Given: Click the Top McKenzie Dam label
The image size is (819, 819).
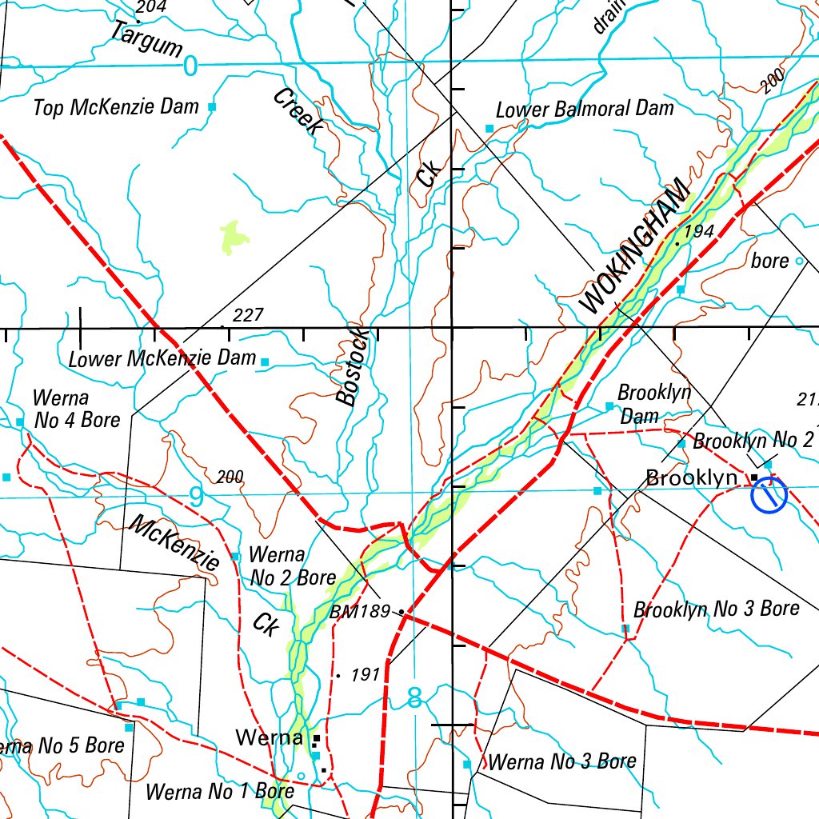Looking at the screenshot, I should pyautogui.click(x=116, y=106).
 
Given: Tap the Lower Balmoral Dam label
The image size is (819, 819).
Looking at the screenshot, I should pyautogui.click(x=585, y=109).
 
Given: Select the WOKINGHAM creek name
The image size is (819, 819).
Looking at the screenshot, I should pyautogui.click(x=634, y=246).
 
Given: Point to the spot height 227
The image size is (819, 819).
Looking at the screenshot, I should pyautogui.click(x=247, y=315).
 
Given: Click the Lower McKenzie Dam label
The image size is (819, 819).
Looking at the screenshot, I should pyautogui.click(x=162, y=358).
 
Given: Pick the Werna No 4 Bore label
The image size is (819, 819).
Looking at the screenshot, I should pyautogui.click(x=76, y=409).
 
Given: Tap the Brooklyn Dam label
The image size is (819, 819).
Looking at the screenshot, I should pyautogui.click(x=654, y=404).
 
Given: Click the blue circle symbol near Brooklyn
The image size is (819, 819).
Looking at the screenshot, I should pyautogui.click(x=769, y=495).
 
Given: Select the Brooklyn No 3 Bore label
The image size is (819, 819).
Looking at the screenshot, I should pyautogui.click(x=716, y=609).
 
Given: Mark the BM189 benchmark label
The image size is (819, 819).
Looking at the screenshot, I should pyautogui.click(x=359, y=612).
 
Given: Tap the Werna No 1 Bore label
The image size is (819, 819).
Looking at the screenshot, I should pyautogui.click(x=220, y=792).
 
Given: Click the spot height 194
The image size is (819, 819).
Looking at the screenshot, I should pyautogui.click(x=698, y=231).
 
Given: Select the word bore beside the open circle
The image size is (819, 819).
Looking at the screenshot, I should pyautogui.click(x=769, y=261).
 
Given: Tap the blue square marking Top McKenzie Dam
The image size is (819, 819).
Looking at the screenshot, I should pyautogui.click(x=212, y=106).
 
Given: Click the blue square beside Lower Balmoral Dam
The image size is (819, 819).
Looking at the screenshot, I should pyautogui.click(x=489, y=128).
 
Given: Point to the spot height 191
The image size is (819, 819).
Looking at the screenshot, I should pyautogui.click(x=364, y=675).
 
